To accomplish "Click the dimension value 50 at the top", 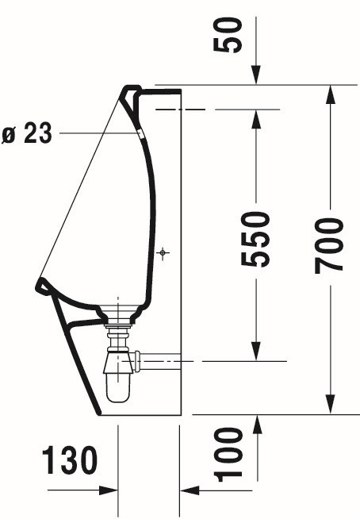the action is click(228, 35).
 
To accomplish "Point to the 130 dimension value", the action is click(70, 459).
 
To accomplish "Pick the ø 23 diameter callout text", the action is click(27, 133).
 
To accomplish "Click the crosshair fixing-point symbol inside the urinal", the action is click(163, 253).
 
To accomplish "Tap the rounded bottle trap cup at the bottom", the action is click(118, 388).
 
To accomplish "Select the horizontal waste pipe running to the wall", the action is click(159, 361).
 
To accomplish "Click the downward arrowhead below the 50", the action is click(256, 75).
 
